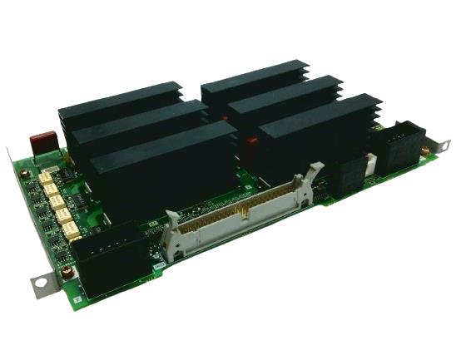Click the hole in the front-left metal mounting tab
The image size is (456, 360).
click(x=39, y=284)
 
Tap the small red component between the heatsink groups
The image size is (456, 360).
click(x=250, y=143)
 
